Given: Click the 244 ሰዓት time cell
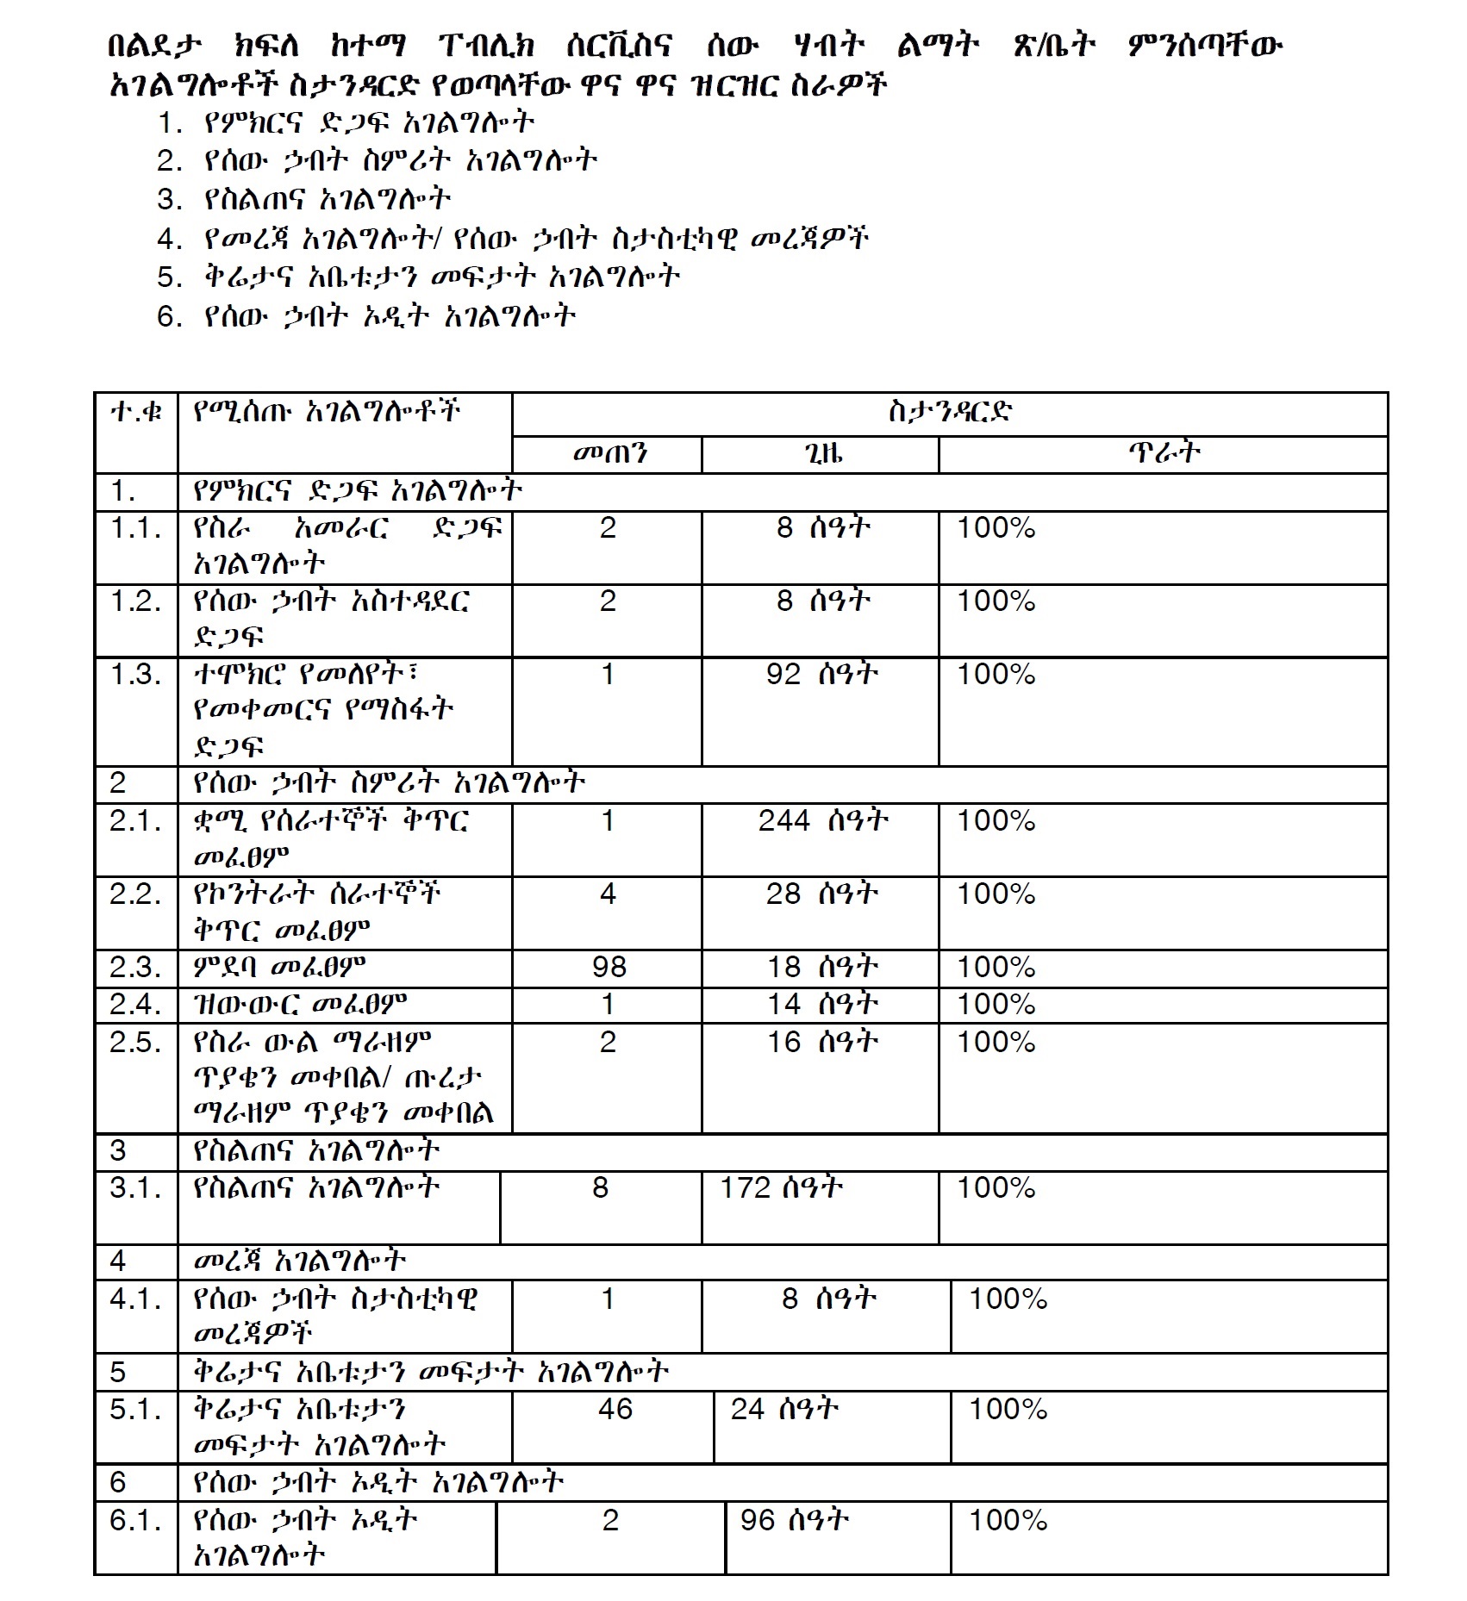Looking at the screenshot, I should [x=822, y=820].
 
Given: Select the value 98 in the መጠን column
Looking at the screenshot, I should [x=609, y=967].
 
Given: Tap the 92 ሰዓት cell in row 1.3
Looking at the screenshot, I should [x=822, y=674].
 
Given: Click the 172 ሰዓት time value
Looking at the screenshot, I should [x=781, y=1188].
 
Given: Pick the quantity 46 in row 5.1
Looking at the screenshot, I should [x=615, y=1409].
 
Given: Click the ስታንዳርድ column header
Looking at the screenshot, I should [x=949, y=412].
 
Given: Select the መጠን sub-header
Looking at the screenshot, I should [x=609, y=453].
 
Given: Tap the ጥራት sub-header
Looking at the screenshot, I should [x=1163, y=453].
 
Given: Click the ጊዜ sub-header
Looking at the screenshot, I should [x=820, y=453].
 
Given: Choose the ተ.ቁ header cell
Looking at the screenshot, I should [x=136, y=412].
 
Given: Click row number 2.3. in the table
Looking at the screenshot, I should [x=135, y=967].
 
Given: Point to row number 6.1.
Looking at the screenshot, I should [x=135, y=1519].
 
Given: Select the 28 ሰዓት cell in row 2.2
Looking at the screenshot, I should [x=822, y=894].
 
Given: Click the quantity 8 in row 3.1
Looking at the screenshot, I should [x=601, y=1188].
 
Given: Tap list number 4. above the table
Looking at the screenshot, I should [x=170, y=239].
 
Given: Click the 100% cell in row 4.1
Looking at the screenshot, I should [x=1008, y=1299].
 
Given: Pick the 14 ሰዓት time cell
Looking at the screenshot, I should [x=822, y=1004].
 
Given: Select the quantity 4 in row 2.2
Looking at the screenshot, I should [x=608, y=894].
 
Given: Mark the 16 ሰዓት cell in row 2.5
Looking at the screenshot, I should [x=822, y=1042].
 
